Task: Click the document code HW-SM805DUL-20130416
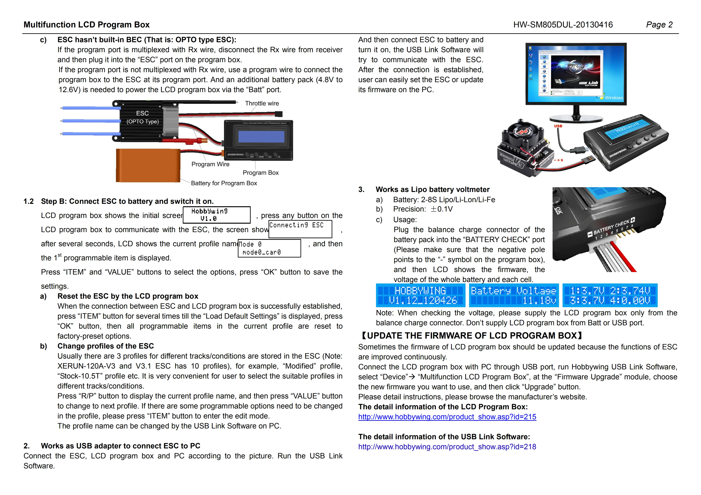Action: click(563, 25)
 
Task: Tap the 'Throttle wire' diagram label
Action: click(262, 103)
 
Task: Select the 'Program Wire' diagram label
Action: click(210, 164)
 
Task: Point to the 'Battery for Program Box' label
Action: click(224, 183)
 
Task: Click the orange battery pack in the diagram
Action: click(148, 166)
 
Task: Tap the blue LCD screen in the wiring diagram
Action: click(261, 137)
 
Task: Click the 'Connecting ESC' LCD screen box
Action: click(300, 229)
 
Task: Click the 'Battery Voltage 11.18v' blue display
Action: click(514, 295)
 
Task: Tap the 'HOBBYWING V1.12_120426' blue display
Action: click(420, 295)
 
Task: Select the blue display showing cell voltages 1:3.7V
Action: click(610, 295)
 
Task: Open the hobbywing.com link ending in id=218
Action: click(447, 447)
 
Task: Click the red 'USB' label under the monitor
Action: click(558, 126)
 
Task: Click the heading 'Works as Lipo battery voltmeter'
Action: click(432, 189)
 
